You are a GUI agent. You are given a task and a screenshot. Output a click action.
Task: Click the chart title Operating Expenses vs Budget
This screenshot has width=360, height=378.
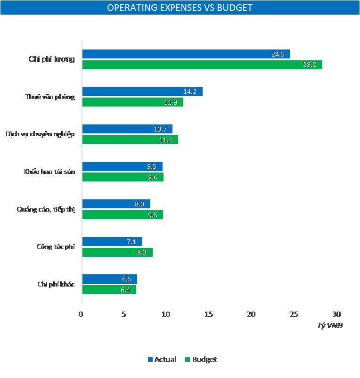[x=180, y=8]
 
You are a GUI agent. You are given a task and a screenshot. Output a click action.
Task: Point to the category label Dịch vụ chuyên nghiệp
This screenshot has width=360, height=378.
[x=40, y=134]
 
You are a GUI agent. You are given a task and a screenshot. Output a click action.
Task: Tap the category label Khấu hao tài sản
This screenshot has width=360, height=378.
[x=49, y=172]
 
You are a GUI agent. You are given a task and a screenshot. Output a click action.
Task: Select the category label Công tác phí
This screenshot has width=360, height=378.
[x=55, y=247]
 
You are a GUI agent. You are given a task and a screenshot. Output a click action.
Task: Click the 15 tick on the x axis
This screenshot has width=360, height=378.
[x=208, y=314]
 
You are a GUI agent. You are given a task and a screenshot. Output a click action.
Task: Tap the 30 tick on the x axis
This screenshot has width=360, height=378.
[x=336, y=314]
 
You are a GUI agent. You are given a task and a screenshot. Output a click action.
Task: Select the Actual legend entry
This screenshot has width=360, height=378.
[x=163, y=360]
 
